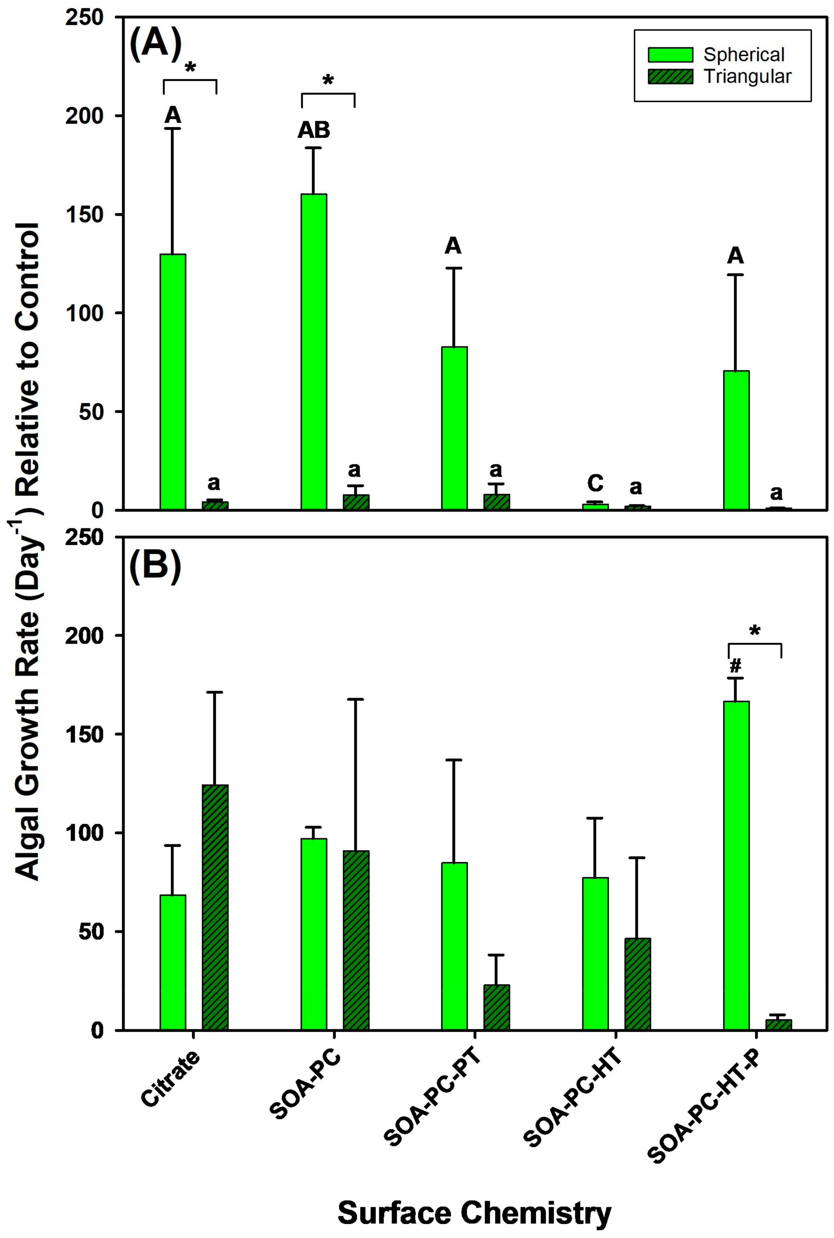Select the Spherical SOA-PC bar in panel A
pos(314,351)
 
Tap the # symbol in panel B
pos(736,665)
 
